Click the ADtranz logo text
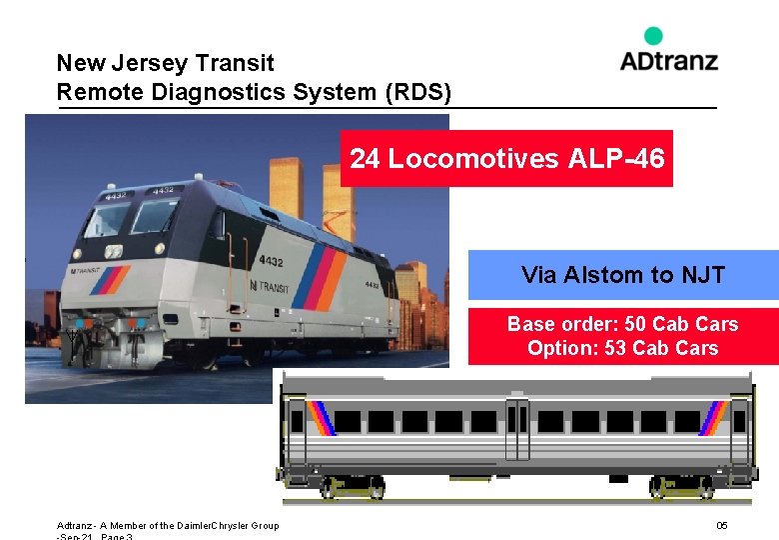[669, 61]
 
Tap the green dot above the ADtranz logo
[653, 36]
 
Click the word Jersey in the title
[151, 63]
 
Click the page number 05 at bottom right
[722, 526]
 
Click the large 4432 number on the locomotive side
[271, 261]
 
